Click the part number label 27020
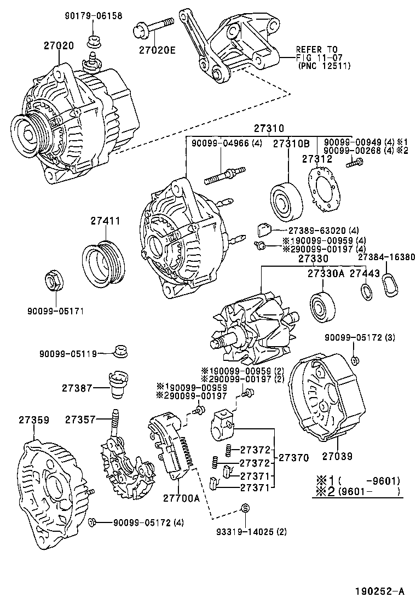pos(59,46)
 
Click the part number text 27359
pos(34,420)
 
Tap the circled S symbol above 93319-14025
pos(245,508)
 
